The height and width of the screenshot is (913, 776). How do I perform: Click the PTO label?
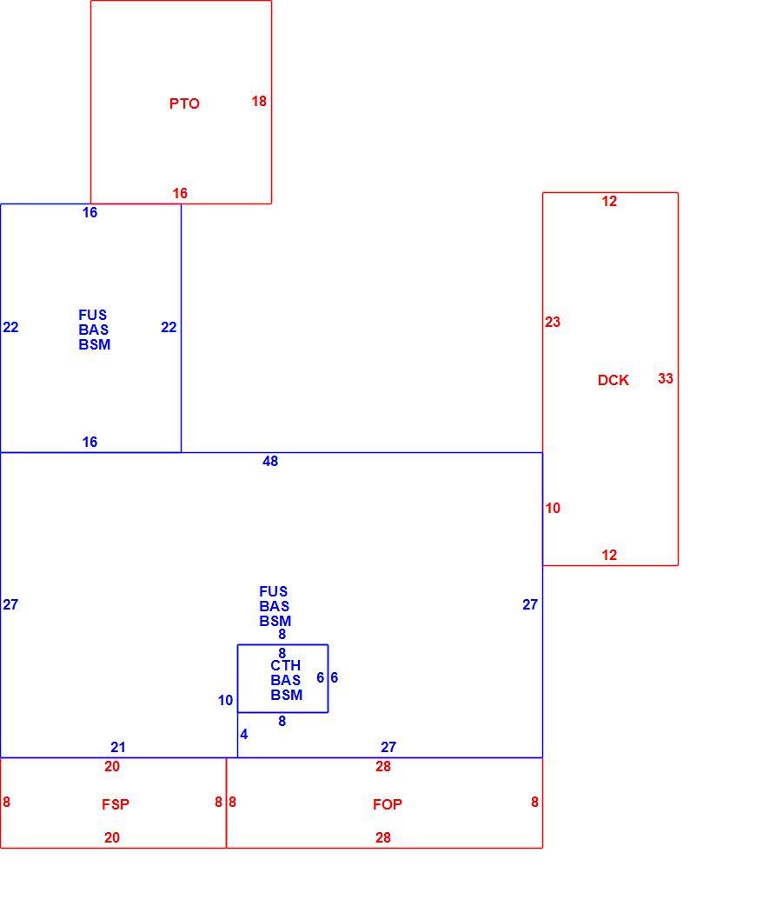tap(184, 103)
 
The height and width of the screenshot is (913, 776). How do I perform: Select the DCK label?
tap(614, 380)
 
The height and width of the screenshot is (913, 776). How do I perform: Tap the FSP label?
tap(116, 804)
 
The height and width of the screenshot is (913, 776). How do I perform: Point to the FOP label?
tap(388, 804)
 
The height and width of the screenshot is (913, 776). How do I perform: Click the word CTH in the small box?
tap(286, 665)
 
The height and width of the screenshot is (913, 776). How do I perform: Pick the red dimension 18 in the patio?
tap(259, 102)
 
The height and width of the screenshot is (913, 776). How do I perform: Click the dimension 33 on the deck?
tap(666, 378)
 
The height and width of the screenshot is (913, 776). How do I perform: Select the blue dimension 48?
tap(270, 461)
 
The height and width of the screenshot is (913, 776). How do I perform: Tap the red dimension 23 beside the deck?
tap(553, 322)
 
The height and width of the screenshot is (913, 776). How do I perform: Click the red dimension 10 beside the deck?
tap(553, 509)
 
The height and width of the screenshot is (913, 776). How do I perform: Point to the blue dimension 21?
tap(118, 747)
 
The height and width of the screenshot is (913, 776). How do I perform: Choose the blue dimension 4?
tap(243, 734)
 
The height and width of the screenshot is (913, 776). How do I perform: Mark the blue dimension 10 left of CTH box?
tap(225, 701)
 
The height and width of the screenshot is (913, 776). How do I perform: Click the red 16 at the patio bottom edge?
tap(180, 193)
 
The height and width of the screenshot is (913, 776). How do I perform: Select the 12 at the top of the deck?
tap(609, 202)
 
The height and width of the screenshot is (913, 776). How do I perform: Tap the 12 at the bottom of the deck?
tap(609, 555)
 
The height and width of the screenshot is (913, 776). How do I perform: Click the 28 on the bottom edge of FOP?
tap(382, 837)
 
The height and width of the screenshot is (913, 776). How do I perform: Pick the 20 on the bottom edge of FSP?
tap(112, 837)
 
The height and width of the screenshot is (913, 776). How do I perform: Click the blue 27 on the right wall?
tap(530, 605)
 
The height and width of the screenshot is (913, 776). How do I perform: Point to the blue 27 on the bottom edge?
tap(388, 747)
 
